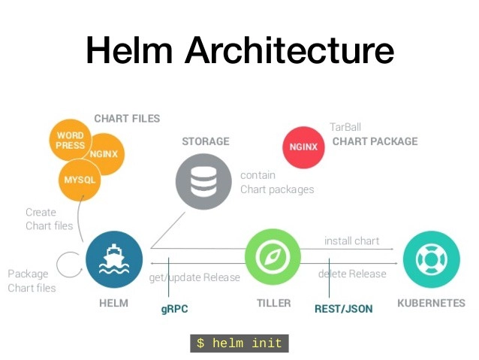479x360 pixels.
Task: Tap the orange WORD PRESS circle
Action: [71, 141]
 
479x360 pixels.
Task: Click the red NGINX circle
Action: [304, 146]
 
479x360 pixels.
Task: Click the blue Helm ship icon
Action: [113, 259]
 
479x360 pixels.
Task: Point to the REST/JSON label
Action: [343, 308]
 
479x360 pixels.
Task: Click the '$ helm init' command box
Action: [239, 343]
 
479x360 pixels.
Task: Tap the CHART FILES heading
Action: [127, 119]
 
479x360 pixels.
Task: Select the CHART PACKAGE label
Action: [375, 141]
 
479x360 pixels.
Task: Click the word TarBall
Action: [345, 127]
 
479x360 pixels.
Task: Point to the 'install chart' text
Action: [351, 241]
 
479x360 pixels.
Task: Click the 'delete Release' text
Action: [351, 274]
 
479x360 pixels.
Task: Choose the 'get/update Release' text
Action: [194, 277]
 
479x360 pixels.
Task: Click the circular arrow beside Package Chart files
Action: [70, 265]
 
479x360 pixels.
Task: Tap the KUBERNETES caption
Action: [431, 303]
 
